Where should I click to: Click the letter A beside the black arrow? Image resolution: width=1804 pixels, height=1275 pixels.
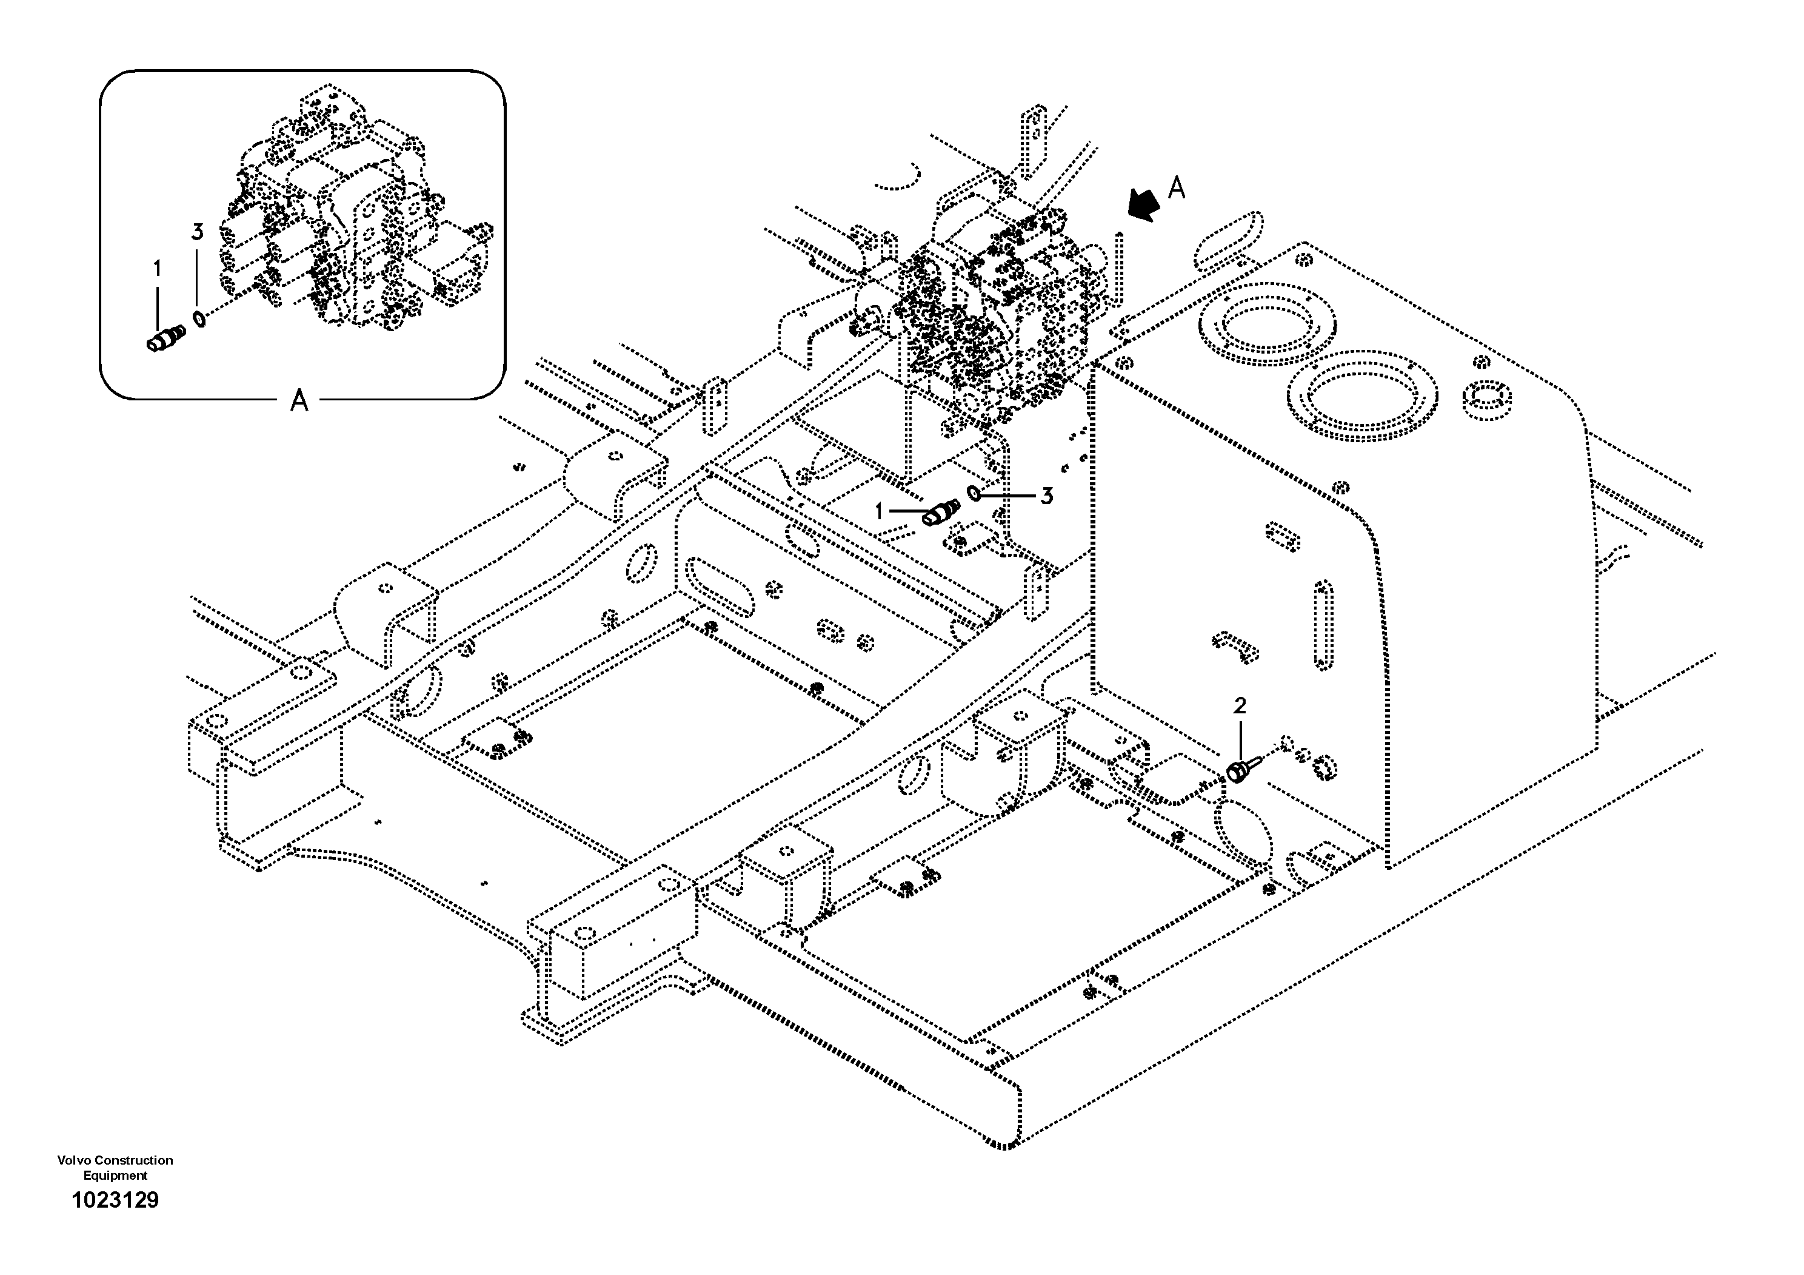click(1176, 189)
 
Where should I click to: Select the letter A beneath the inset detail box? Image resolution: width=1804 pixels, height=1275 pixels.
click(299, 402)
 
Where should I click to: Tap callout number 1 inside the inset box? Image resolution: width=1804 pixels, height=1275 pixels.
click(157, 269)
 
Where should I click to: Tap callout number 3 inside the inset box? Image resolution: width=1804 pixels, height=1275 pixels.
click(197, 232)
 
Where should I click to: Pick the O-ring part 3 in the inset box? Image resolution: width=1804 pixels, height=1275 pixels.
click(199, 318)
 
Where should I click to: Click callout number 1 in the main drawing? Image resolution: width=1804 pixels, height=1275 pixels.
click(880, 512)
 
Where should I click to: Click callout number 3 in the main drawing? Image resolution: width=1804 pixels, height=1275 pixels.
click(1046, 496)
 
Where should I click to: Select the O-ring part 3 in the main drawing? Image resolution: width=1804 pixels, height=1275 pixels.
click(974, 494)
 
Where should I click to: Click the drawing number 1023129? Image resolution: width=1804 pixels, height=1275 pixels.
click(116, 1200)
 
